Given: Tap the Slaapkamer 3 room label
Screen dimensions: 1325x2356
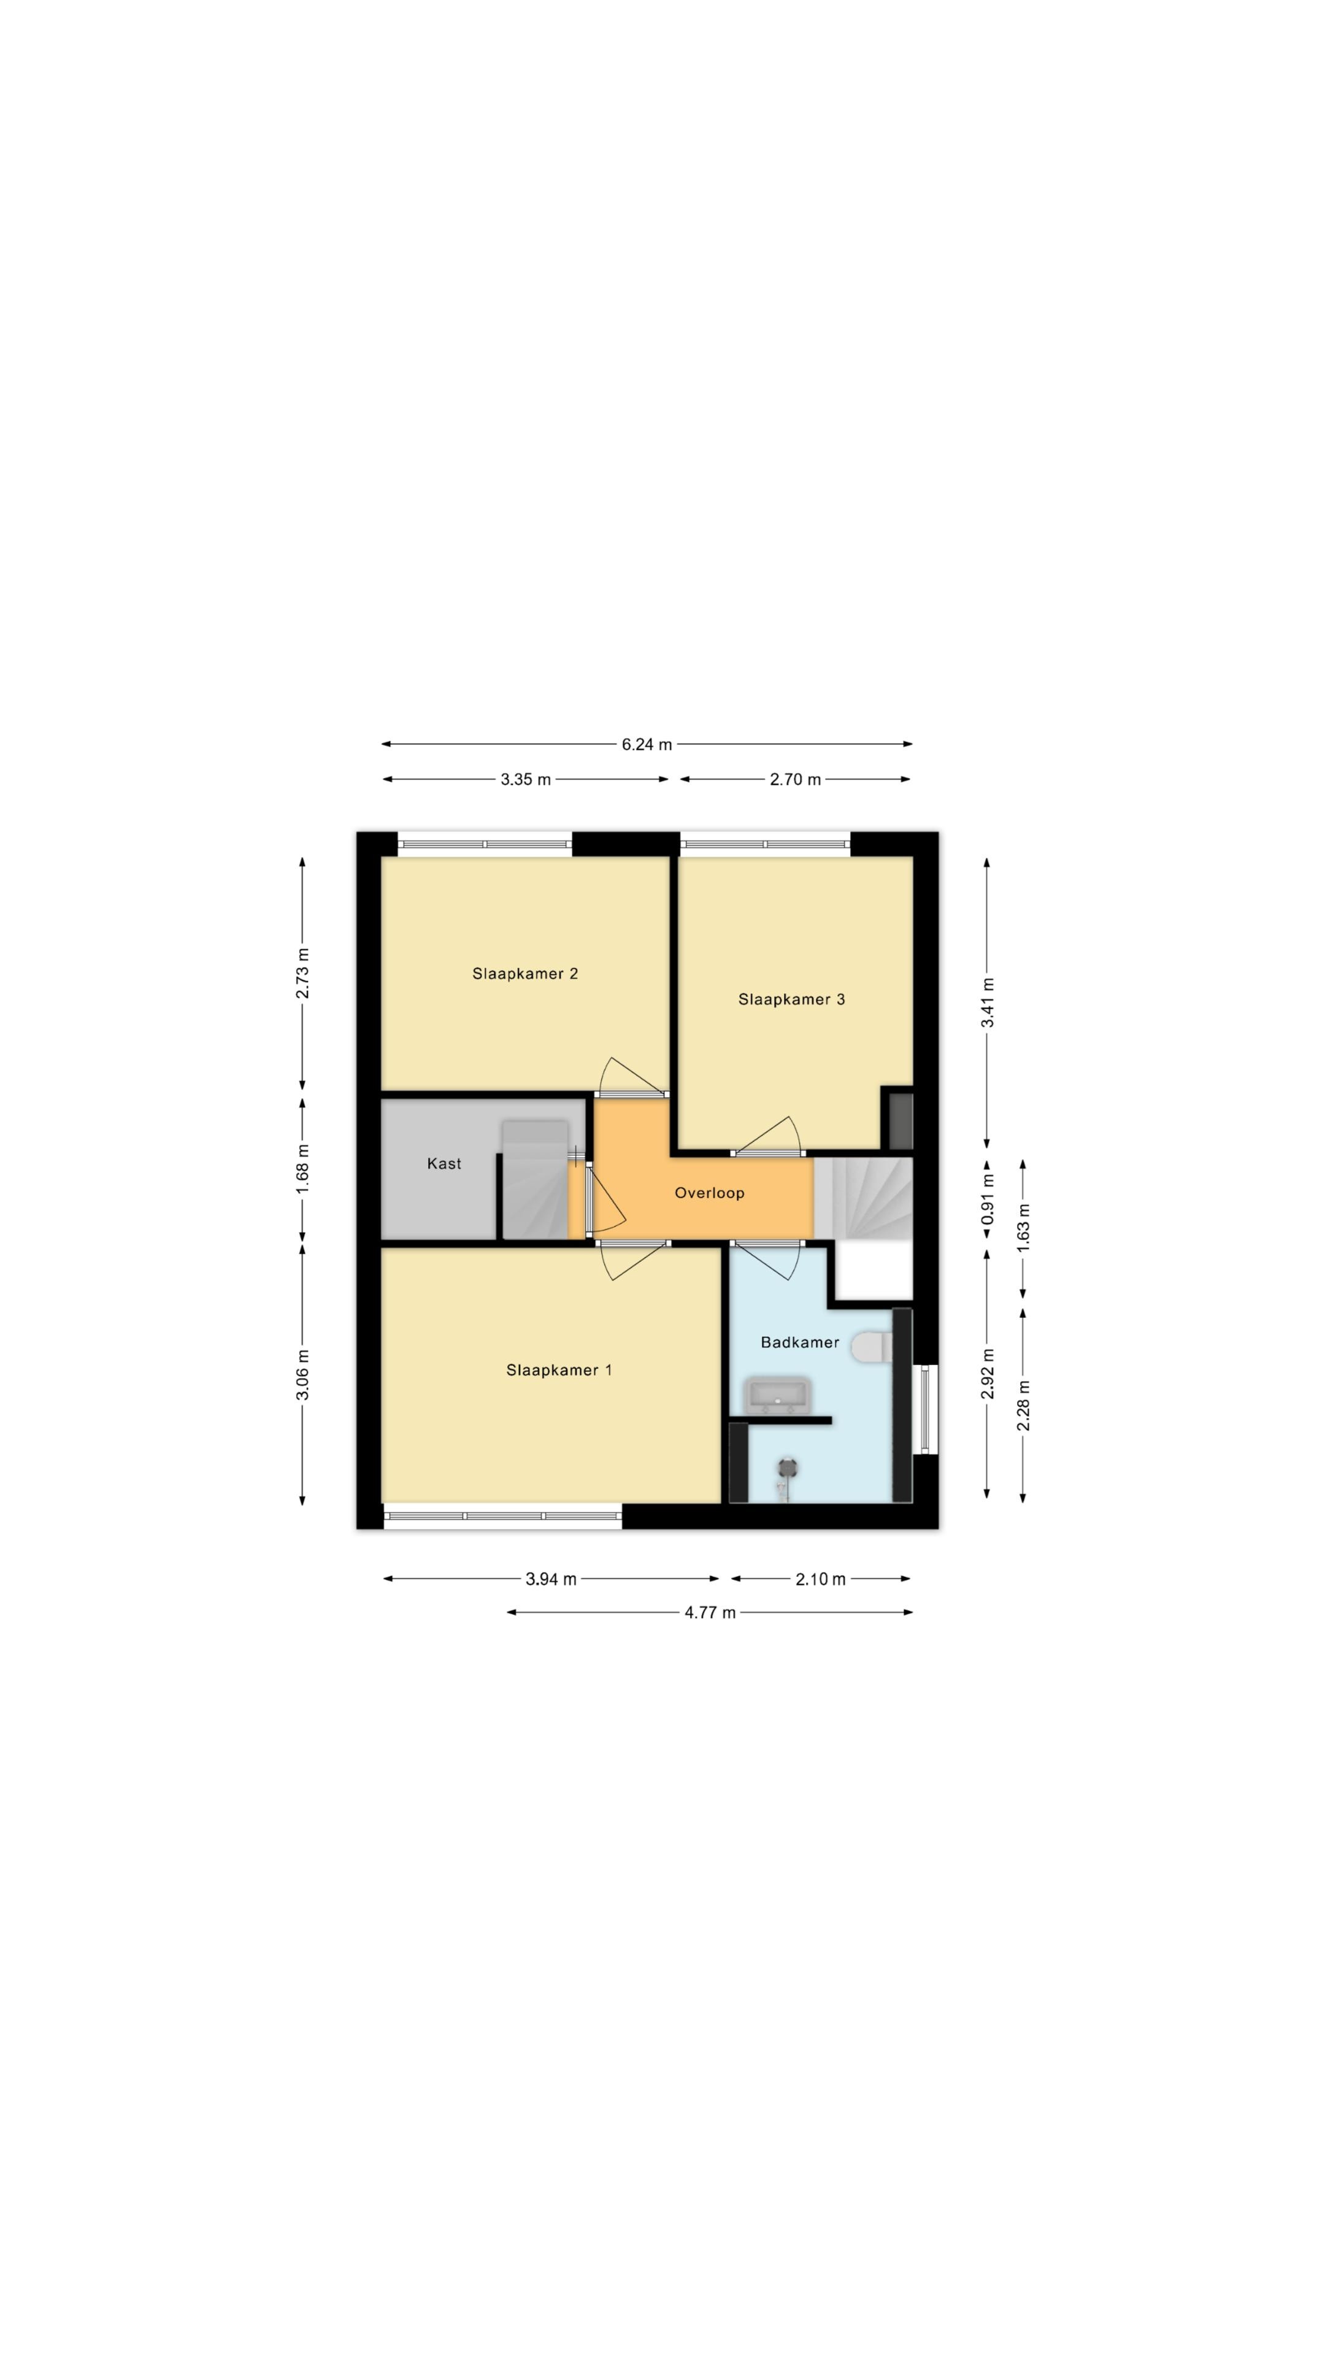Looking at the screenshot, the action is (791, 999).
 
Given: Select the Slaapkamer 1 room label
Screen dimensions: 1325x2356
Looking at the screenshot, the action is (559, 1370).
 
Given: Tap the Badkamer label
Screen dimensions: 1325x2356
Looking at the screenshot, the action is (800, 1342).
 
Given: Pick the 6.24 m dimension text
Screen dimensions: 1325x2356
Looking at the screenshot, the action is (647, 744).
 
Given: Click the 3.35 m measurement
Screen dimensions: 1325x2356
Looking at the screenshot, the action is (526, 779).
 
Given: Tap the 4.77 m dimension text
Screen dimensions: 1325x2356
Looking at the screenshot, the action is (710, 1612).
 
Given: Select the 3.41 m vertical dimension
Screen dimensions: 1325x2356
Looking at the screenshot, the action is (988, 1003).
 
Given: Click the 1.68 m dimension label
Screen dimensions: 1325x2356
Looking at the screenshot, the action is (302, 1168).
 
